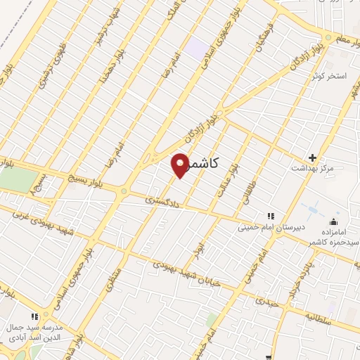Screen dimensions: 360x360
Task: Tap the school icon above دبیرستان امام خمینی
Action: coord(269,216)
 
